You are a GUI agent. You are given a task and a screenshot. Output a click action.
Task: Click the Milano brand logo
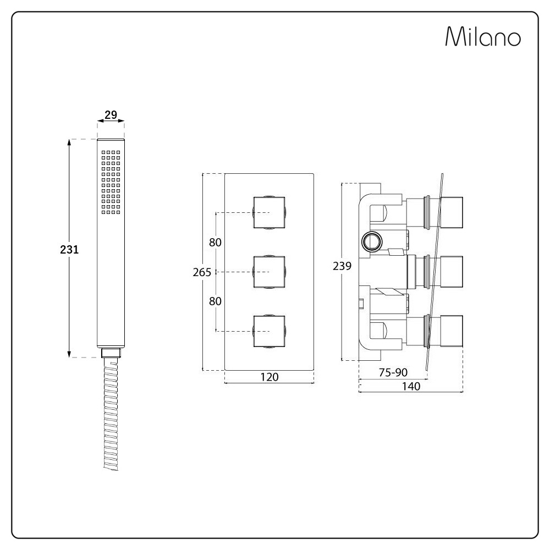click(x=483, y=36)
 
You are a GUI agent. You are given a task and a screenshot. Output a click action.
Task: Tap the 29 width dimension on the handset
click(x=111, y=114)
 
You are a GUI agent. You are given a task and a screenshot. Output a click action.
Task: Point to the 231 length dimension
click(x=69, y=249)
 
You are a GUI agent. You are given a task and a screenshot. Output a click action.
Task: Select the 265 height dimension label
click(x=202, y=272)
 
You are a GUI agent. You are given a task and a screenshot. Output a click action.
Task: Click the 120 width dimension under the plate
click(x=269, y=377)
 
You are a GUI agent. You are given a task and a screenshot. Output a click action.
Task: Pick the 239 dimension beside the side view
click(x=342, y=266)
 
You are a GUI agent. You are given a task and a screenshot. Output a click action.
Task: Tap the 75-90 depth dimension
click(x=393, y=372)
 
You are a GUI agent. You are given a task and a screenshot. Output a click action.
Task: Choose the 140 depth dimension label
click(x=411, y=386)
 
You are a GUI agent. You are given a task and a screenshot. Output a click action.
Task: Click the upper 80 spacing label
click(x=215, y=243)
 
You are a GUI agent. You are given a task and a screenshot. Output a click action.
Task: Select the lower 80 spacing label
click(x=215, y=301)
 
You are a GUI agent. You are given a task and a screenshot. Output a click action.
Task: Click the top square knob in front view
click(x=269, y=212)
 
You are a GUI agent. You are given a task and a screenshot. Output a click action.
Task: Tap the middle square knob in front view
click(x=269, y=272)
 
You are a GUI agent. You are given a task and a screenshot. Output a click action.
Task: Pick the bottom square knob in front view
click(x=269, y=331)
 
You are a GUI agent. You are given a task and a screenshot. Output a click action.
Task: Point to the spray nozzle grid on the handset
click(x=111, y=182)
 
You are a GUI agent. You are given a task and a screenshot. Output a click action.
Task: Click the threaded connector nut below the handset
click(x=111, y=353)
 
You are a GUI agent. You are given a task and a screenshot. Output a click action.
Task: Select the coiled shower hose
click(x=111, y=414)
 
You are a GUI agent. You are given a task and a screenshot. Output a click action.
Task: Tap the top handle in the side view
click(x=452, y=212)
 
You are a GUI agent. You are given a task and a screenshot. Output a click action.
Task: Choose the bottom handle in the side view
click(x=452, y=331)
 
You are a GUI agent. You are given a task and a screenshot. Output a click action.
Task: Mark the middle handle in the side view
click(x=452, y=272)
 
